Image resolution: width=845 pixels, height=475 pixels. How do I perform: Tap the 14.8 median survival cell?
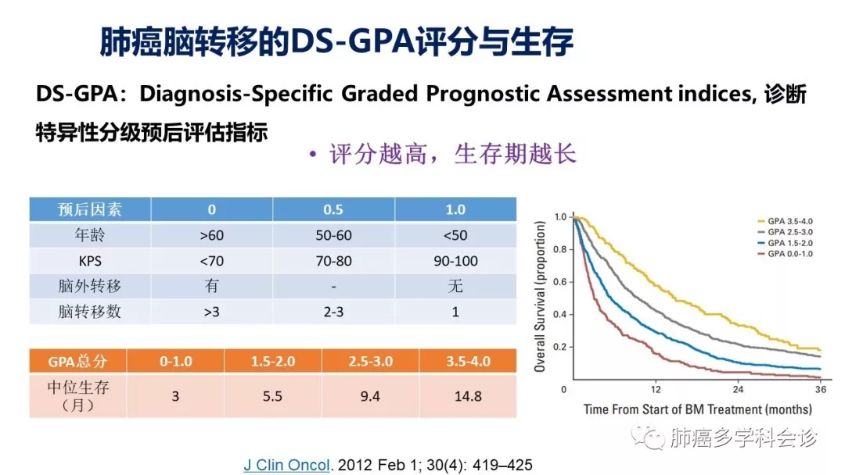(468, 396)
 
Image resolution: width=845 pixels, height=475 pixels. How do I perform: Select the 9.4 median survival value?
(370, 396)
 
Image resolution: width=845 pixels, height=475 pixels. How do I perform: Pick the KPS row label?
(90, 261)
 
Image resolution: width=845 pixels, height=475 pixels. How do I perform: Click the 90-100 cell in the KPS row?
(455, 261)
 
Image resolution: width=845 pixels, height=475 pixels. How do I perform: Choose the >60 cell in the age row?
(211, 235)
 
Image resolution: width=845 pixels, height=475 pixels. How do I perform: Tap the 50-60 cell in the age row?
(333, 235)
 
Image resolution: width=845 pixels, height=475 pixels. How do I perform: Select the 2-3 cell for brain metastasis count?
(333, 312)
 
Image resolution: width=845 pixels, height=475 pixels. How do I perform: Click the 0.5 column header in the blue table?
(333, 209)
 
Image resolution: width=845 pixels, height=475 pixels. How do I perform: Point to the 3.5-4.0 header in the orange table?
(468, 361)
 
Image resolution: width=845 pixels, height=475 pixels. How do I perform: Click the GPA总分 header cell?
(77, 361)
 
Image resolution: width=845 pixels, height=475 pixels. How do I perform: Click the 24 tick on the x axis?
(738, 389)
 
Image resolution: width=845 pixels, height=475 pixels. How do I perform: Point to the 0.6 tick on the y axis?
(559, 282)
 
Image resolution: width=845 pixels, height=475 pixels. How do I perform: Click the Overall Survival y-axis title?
(541, 295)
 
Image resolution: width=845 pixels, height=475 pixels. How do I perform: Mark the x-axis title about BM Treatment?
(697, 409)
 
